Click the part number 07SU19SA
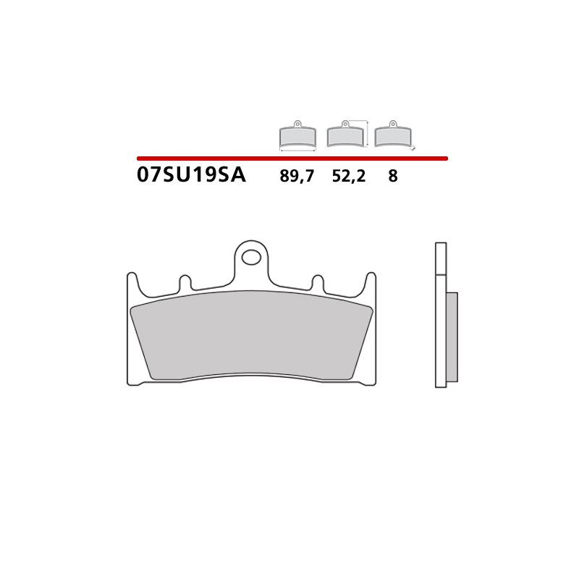190,175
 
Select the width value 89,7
297,176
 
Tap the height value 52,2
348,176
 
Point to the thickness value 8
392,176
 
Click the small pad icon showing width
297,134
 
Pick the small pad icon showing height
345,134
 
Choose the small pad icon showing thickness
392,134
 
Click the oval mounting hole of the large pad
252,256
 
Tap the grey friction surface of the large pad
252,337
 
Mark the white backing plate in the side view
440,315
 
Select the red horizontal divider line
292,158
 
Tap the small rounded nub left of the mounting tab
185,282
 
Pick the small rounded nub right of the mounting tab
318,282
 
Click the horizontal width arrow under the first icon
297,150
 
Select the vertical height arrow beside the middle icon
368,134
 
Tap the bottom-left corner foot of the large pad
133,381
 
